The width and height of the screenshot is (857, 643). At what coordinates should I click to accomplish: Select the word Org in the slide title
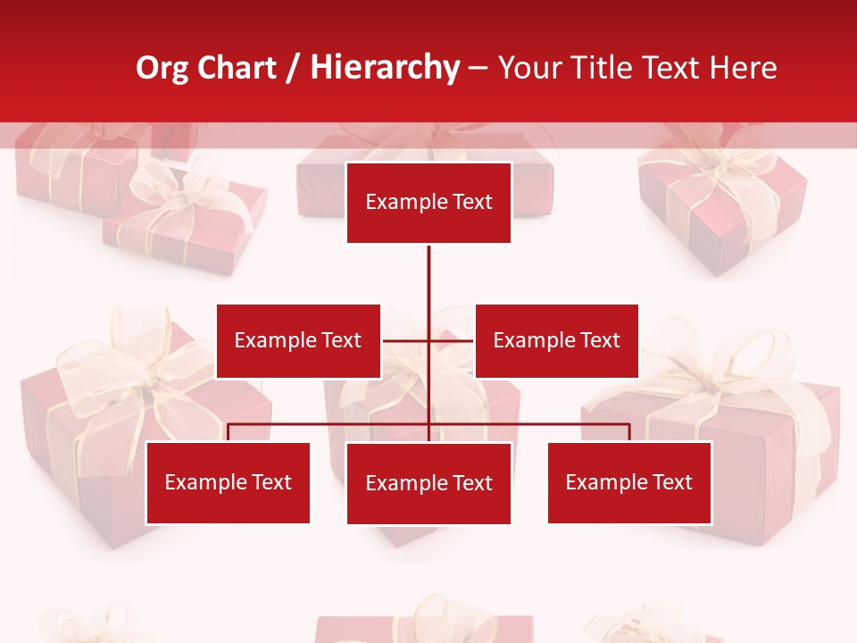162,68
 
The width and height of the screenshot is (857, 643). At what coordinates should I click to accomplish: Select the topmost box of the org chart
428,203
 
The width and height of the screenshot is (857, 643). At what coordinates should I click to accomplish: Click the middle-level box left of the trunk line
298,340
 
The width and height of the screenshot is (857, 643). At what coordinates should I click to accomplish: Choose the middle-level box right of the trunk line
556,340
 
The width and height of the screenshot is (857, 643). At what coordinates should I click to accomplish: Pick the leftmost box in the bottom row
228,483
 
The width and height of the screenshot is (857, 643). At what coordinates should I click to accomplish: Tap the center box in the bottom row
428,483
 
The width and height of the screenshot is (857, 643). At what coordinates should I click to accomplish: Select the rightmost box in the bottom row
628,483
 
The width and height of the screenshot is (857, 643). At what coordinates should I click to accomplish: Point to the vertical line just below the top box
428,268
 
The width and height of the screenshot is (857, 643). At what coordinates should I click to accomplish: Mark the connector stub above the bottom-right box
629,432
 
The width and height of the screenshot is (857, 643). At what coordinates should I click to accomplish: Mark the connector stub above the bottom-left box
228,432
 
